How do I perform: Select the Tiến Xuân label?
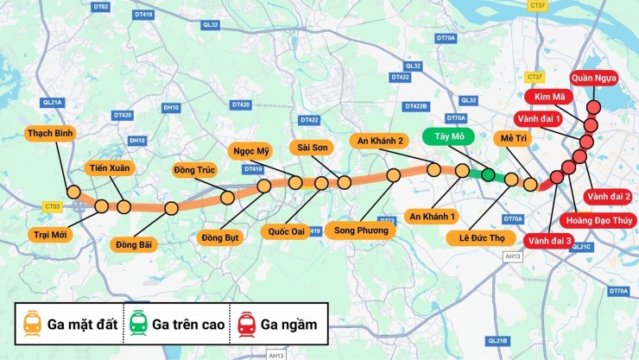(x=110, y=167)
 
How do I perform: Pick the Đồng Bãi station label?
(x=133, y=244)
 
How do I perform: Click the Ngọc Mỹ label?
(x=251, y=150)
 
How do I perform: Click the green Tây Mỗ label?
(x=443, y=136)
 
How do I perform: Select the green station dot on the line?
(x=488, y=175)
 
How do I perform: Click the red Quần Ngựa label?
(x=594, y=79)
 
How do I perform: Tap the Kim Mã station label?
(x=549, y=97)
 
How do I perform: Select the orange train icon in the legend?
(x=33, y=324)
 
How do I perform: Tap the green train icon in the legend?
(x=137, y=324)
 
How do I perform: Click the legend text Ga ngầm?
(x=288, y=325)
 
